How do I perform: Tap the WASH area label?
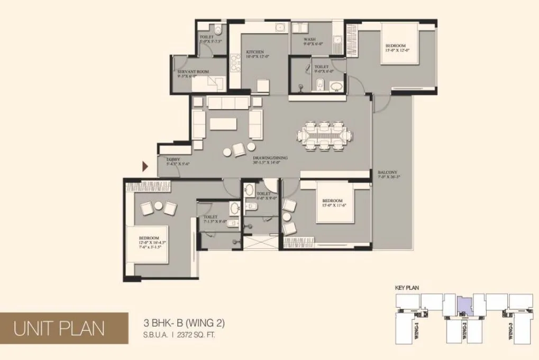coord(310,40)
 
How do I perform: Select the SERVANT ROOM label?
coord(193,71)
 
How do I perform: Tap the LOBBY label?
coord(173,159)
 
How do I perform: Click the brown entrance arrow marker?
coord(145,167)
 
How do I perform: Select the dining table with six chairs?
coord(322,136)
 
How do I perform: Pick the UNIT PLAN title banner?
coord(59,328)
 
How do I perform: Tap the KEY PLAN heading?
coord(407,288)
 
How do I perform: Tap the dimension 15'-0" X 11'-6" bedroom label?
coord(333,206)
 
